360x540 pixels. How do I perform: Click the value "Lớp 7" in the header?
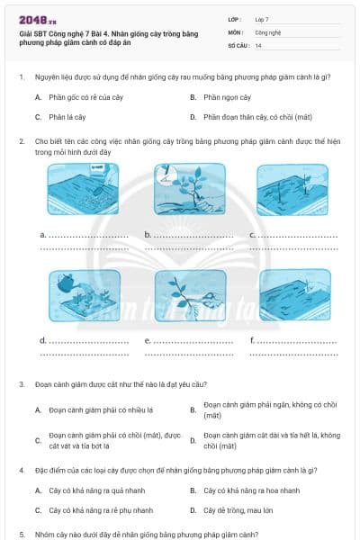tap(263, 19)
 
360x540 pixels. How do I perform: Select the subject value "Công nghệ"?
tap(270, 31)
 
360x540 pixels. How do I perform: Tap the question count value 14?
tap(258, 45)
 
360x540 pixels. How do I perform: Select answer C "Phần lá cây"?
tap(67, 117)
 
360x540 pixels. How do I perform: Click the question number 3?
tap(21, 384)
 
